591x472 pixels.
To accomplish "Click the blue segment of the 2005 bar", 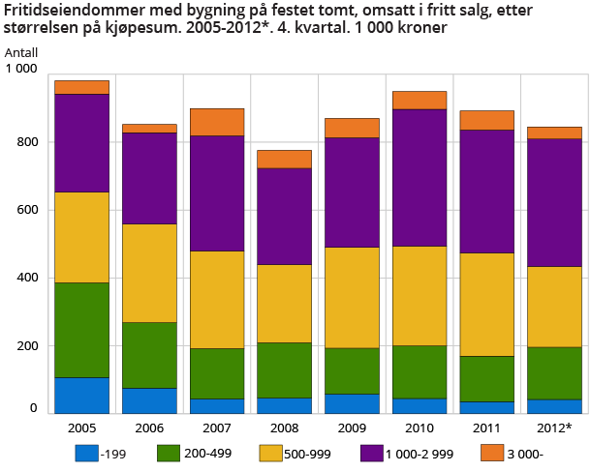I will pyautogui.click(x=81, y=395).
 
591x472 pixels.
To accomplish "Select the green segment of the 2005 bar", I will pyautogui.click(x=81, y=330).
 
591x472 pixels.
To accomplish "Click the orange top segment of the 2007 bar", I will pyautogui.click(x=217, y=123).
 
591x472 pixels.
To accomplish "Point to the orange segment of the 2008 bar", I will pyautogui.click(x=285, y=160).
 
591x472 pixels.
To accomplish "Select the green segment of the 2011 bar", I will pyautogui.click(x=486, y=378).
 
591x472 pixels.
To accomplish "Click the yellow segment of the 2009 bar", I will pyautogui.click(x=352, y=298).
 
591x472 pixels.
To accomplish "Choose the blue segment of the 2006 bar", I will pyautogui.click(x=149, y=400).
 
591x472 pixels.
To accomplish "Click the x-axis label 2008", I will pyautogui.click(x=285, y=427).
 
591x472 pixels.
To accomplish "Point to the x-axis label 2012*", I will pyautogui.click(x=555, y=427).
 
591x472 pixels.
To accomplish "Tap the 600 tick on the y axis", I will pyautogui.click(x=25, y=210).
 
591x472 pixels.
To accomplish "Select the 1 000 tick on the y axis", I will pyautogui.click(x=21, y=70).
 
